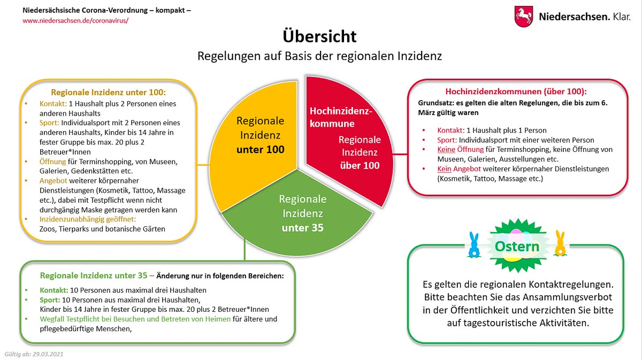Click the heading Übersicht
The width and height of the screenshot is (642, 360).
click(x=319, y=36)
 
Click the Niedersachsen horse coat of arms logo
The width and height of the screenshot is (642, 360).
click(x=523, y=17)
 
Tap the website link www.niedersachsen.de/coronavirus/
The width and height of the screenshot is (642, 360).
click(x=75, y=20)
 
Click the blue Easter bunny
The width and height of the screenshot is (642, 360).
click(x=473, y=244)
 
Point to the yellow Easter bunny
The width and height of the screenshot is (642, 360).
click(x=560, y=243)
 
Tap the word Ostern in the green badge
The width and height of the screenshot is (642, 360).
click(x=516, y=247)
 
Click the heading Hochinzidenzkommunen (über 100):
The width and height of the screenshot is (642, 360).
click(x=516, y=91)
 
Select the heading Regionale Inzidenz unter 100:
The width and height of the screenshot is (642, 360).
click(x=108, y=92)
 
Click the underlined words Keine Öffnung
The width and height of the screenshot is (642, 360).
click(x=460, y=149)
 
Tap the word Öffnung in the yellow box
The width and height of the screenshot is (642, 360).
click(x=52, y=161)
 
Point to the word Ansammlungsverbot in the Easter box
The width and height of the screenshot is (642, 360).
click(x=567, y=297)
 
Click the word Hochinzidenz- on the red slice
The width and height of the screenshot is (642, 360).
click(x=340, y=111)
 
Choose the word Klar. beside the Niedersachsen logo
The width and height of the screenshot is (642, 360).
click(x=622, y=17)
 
